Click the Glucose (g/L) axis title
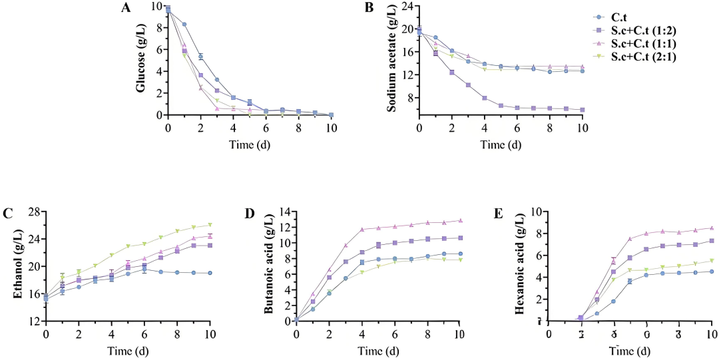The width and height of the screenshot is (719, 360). point(142,61)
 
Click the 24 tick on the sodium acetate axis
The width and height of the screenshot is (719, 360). point(406,7)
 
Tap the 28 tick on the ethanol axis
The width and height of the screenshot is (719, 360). point(33,212)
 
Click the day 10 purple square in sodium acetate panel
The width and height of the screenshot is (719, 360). point(582,110)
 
